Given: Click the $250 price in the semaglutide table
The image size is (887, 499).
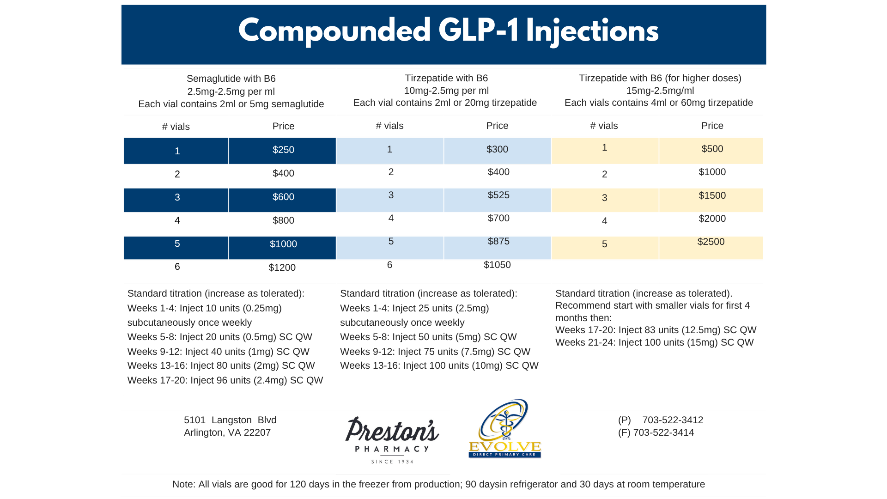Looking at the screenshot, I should [x=283, y=150].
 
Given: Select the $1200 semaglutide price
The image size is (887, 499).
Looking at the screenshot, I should [x=282, y=268].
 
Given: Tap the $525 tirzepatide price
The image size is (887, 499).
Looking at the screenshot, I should [x=498, y=195].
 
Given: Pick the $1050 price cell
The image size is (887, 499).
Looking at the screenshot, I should [x=497, y=265].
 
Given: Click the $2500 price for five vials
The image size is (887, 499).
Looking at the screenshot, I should [x=711, y=242].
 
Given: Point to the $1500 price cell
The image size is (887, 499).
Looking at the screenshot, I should [x=712, y=195].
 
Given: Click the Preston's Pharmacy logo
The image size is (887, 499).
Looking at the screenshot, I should [x=392, y=439].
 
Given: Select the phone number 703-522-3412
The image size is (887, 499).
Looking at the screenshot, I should [x=672, y=420].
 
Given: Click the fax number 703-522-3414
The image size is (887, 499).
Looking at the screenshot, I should [x=663, y=432].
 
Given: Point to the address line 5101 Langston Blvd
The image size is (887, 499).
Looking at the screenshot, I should [x=230, y=420].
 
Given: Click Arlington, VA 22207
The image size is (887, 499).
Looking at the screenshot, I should [x=227, y=432].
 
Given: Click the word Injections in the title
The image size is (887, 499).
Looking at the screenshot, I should [x=592, y=31].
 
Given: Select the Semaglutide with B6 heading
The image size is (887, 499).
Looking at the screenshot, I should [x=231, y=79].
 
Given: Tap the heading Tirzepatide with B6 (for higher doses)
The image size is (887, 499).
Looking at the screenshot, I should [x=660, y=78].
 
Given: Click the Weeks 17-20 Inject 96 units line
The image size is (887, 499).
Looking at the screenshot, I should [x=225, y=380].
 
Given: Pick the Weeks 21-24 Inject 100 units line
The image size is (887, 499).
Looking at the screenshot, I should [x=654, y=342].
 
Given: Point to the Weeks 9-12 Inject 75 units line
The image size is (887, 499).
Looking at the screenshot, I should [x=435, y=352].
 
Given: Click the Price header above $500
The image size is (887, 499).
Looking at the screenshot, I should [x=712, y=126].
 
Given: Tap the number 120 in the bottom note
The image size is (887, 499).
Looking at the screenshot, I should [x=298, y=484].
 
